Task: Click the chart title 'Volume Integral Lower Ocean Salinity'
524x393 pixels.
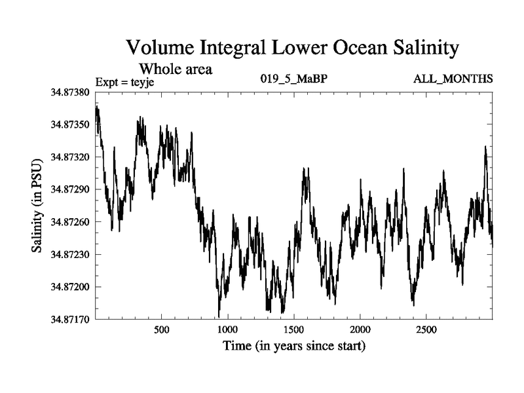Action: click(x=292, y=48)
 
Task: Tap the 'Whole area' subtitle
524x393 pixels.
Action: click(x=175, y=68)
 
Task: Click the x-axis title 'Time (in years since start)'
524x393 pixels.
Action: click(x=293, y=345)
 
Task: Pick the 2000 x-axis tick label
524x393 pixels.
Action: click(x=360, y=329)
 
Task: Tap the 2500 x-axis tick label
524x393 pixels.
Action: click(x=426, y=329)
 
